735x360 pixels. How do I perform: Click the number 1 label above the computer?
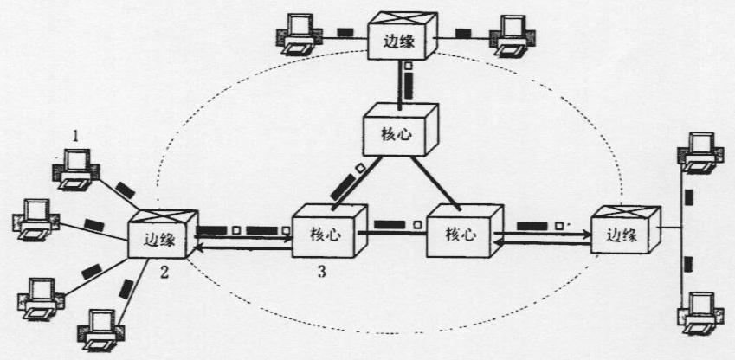click(x=75, y=137)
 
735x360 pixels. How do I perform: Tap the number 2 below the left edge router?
click(x=164, y=272)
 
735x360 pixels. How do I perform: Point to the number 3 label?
click(x=321, y=272)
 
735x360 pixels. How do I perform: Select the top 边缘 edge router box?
click(x=403, y=36)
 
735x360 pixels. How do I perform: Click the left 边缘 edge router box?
click(x=163, y=234)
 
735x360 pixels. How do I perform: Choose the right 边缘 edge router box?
click(x=626, y=230)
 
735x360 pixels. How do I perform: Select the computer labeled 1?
click(x=75, y=170)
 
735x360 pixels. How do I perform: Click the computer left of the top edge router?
click(x=298, y=34)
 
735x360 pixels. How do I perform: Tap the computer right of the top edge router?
click(x=511, y=35)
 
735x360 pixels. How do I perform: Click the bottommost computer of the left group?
click(x=101, y=330)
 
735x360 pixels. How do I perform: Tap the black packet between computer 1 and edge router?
click(x=126, y=190)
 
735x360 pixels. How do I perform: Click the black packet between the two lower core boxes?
click(x=389, y=224)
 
